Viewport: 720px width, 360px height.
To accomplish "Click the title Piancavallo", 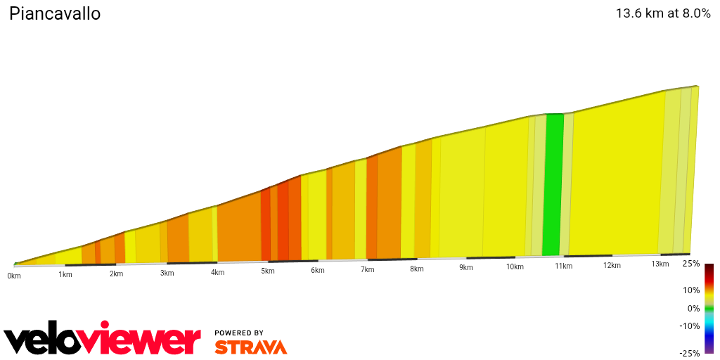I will point(55,14).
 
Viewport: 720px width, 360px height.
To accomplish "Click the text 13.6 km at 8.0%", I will point(663,13).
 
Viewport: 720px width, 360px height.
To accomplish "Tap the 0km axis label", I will point(14,276).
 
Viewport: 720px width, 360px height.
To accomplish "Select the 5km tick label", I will point(268,271).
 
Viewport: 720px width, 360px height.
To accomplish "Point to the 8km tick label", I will point(417,269).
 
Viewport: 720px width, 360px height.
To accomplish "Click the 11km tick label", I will point(562,266).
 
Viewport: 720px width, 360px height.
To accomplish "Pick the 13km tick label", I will point(660,264).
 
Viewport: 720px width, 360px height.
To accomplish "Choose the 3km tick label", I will point(167,273).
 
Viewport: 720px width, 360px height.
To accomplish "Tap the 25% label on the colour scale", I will point(691,264).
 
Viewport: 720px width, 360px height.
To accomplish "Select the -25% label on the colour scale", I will point(690,353).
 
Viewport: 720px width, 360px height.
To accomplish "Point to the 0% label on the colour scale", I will point(693,308).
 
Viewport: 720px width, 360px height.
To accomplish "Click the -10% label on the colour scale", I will point(690,326).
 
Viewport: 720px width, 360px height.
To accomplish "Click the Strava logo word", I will point(250,347).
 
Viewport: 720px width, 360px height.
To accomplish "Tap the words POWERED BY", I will point(239,333).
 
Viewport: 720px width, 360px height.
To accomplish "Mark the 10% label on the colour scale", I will point(691,290).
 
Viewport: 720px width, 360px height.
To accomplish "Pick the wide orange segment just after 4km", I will point(239,229).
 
